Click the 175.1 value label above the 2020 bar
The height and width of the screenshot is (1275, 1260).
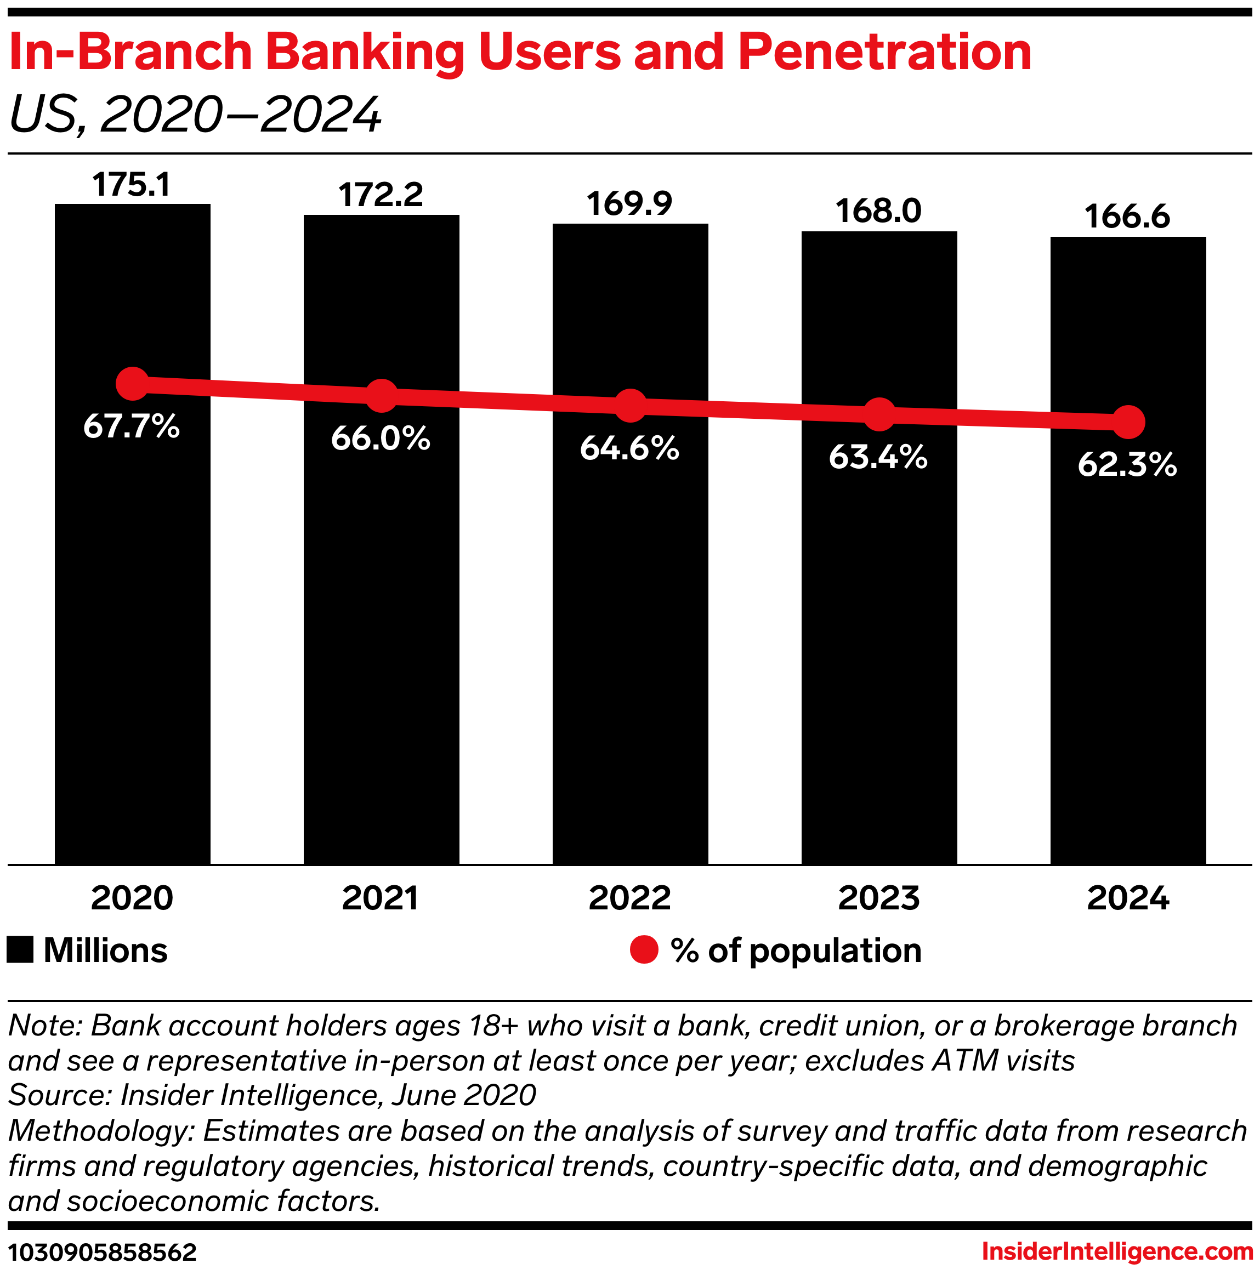tap(132, 185)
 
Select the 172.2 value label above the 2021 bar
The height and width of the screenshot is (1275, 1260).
tap(381, 195)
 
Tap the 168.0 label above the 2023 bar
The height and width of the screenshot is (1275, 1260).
tap(878, 211)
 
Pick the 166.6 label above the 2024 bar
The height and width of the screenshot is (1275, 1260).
tap(1127, 217)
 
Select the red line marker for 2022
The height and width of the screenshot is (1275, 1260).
tap(631, 405)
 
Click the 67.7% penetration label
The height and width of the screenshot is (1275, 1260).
tap(132, 427)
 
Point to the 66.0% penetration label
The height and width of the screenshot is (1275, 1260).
tap(381, 438)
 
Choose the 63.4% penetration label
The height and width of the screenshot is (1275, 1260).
tap(878, 457)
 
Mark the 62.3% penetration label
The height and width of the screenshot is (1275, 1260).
tap(1127, 465)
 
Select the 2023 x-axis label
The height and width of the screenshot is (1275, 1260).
tap(878, 898)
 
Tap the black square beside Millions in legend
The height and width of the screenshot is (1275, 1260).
tap(20, 950)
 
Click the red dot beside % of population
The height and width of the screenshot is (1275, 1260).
tap(644, 950)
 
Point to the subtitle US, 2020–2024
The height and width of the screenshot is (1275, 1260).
tap(195, 115)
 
